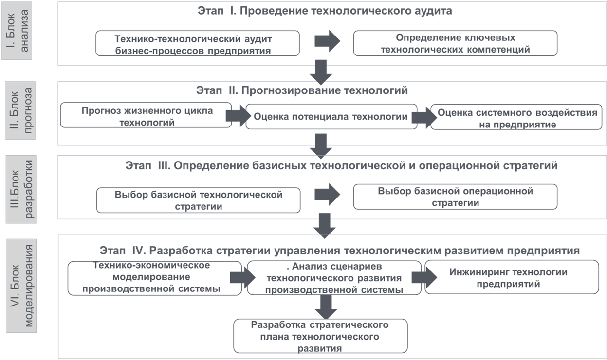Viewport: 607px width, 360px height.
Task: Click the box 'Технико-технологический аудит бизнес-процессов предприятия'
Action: [x=198, y=44]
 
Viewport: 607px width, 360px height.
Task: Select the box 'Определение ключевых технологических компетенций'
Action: [x=455, y=43]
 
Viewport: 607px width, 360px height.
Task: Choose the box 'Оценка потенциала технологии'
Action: [x=331, y=117]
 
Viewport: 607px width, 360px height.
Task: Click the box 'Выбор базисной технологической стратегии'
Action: [x=198, y=200]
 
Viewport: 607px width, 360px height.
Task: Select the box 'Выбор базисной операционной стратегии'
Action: [x=455, y=197]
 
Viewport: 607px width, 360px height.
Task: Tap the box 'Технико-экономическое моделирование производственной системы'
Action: [x=155, y=277]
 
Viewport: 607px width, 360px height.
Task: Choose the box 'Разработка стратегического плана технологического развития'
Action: [x=320, y=336]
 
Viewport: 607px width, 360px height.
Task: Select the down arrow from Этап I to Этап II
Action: [x=320, y=72]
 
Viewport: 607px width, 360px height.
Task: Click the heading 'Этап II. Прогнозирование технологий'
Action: [x=302, y=91]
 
